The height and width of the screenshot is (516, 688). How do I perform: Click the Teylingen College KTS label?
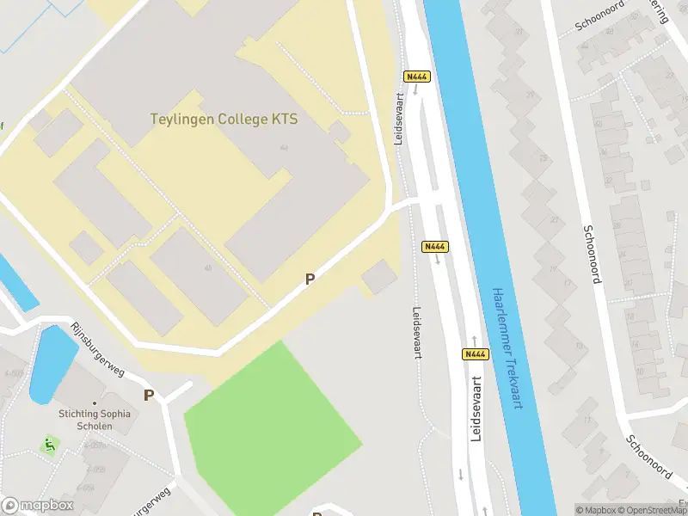click(x=224, y=120)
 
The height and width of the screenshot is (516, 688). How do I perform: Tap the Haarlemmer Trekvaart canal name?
click(x=506, y=347)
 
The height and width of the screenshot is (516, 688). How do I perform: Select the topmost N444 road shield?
click(x=417, y=77)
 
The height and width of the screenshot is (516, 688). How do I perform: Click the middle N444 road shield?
click(x=435, y=247)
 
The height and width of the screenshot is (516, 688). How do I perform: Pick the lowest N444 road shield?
click(x=476, y=354)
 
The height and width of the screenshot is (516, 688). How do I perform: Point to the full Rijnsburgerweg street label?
click(x=97, y=350)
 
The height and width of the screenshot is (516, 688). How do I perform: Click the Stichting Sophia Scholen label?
click(x=95, y=420)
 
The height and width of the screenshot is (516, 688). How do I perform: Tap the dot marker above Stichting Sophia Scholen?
click(x=95, y=402)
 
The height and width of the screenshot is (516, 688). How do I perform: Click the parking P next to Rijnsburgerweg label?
click(x=149, y=396)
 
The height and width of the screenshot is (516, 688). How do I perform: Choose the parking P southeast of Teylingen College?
click(x=310, y=279)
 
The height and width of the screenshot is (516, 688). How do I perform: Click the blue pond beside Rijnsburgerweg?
click(x=52, y=363)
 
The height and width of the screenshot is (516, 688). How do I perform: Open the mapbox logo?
click(x=38, y=506)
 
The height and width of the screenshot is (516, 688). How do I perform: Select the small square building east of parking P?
click(x=379, y=277)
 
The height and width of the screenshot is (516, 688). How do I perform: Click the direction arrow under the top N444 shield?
click(x=417, y=90)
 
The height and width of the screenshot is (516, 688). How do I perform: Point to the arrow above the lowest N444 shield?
click(x=474, y=340)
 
